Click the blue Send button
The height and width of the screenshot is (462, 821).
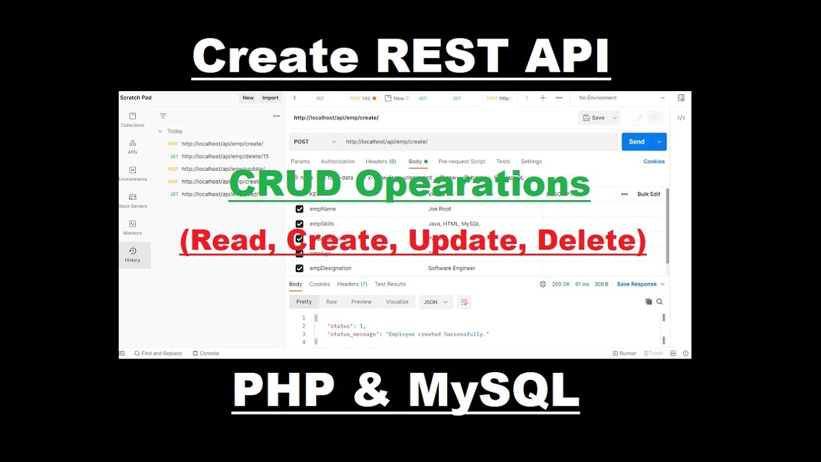[x=636, y=142]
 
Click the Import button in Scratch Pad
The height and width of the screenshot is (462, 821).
[x=270, y=98]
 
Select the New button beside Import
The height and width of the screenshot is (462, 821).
[x=248, y=98]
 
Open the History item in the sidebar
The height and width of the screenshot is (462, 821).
[x=132, y=254]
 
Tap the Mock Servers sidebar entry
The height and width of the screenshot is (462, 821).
[x=133, y=200]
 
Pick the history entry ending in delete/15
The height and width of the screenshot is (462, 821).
[x=224, y=156]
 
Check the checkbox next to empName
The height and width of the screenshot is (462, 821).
[x=300, y=209]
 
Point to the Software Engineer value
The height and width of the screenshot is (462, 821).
[x=452, y=268]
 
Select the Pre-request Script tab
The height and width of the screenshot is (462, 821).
[x=462, y=162]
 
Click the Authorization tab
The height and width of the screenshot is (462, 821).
[x=337, y=162]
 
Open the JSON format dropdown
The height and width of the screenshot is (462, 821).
[x=436, y=302]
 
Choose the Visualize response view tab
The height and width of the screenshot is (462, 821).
[x=397, y=302]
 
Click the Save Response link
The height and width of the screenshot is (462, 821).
[x=637, y=284]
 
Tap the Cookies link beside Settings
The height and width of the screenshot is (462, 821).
[x=654, y=162]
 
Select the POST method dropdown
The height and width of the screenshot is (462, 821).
[x=315, y=142]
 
